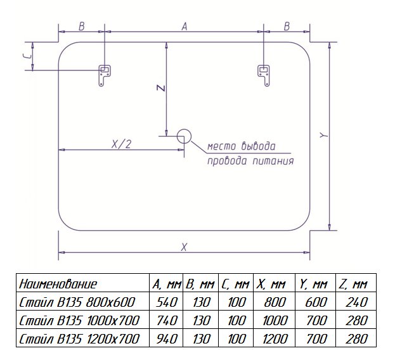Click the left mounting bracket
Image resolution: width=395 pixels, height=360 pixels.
pyautogui.click(x=104, y=75)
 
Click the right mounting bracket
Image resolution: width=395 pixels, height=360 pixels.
pyautogui.click(x=264, y=75)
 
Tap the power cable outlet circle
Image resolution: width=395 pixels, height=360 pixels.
pyautogui.click(x=184, y=136)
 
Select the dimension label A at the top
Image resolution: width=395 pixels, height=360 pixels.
pyautogui.click(x=185, y=27)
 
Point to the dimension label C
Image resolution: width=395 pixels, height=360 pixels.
pyautogui.click(x=29, y=56)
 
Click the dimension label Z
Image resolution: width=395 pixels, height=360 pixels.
pyautogui.click(x=161, y=88)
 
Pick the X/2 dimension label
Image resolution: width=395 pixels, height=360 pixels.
pyautogui.click(x=122, y=145)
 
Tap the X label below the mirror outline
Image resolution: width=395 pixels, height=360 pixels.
pyautogui.click(x=184, y=247)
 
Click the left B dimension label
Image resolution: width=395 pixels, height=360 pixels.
pyautogui.click(x=82, y=27)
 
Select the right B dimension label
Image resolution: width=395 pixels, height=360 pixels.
pyautogui.click(x=287, y=27)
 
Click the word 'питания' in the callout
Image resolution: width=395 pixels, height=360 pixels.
pyautogui.click(x=273, y=161)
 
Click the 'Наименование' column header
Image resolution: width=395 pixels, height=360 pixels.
pyautogui.click(x=58, y=284)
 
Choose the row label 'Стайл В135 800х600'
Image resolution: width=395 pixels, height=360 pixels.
pyautogui.click(x=77, y=302)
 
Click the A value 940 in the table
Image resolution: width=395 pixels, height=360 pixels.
pyautogui.click(x=167, y=339)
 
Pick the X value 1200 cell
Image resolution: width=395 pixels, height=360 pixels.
pyautogui.click(x=275, y=339)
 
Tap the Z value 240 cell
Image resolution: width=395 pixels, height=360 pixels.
pyautogui.click(x=357, y=302)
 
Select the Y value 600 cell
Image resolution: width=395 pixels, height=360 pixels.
pyautogui.click(x=316, y=302)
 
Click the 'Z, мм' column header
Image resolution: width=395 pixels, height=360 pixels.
pyautogui.click(x=353, y=284)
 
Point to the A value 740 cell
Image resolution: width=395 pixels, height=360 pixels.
pyautogui.click(x=167, y=321)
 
